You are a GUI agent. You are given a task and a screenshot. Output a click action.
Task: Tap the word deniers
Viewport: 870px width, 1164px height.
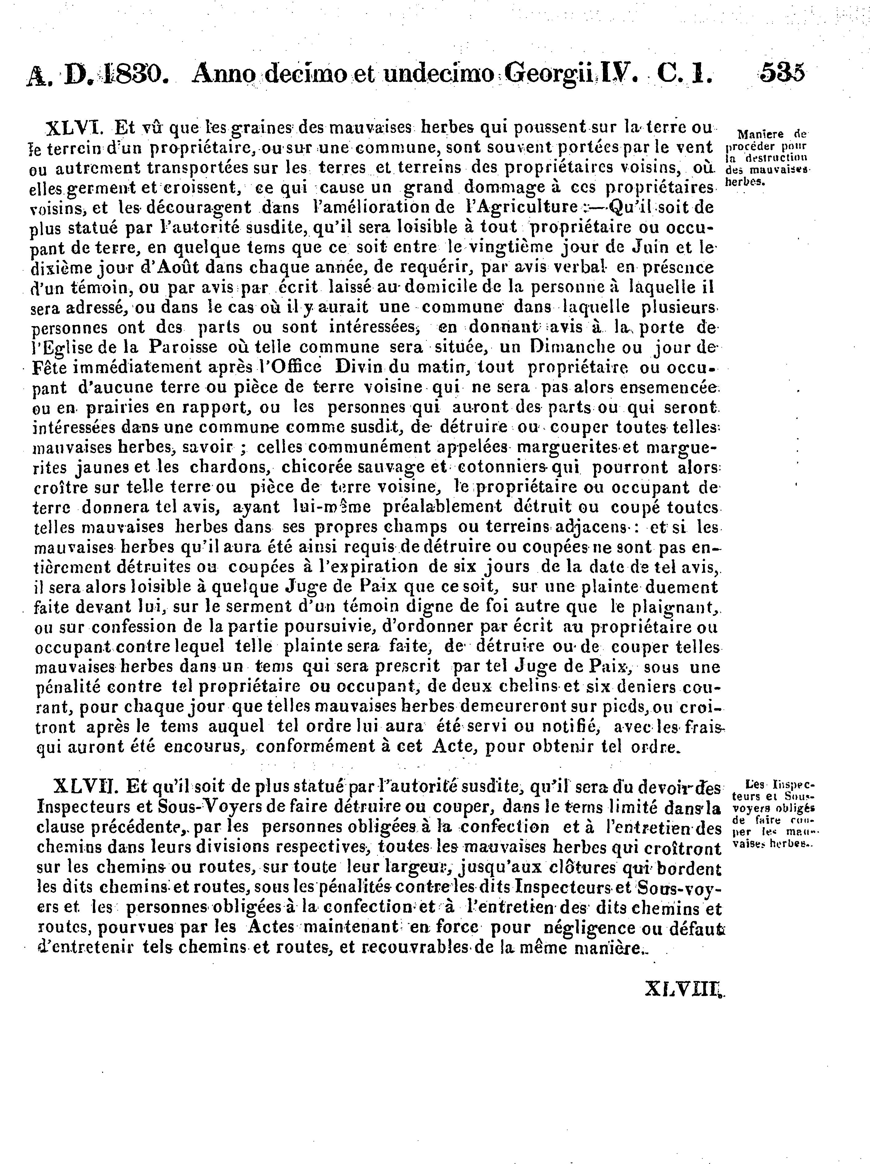tap(648, 687)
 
